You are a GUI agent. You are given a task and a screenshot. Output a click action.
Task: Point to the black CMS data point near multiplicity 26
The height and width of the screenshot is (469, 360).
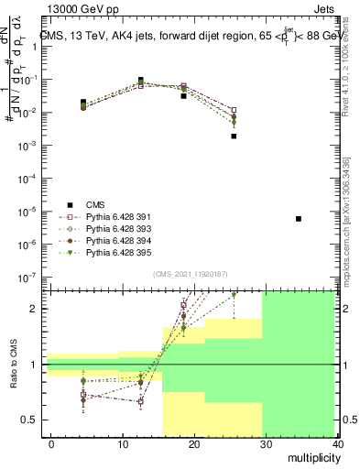tap(234, 136)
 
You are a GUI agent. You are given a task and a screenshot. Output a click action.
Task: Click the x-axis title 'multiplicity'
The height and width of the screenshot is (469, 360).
tap(312, 458)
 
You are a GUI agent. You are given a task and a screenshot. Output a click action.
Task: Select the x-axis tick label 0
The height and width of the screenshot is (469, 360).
tap(51, 443)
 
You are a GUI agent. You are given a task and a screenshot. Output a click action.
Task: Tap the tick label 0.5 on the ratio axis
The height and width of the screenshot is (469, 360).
tap(31, 420)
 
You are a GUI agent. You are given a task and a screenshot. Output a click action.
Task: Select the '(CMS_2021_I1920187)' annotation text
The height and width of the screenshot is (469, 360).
tap(191, 274)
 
